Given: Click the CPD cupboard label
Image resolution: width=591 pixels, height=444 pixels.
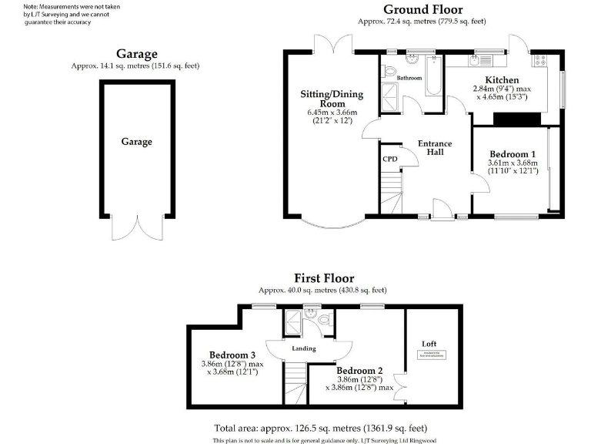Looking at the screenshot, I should (x=390, y=159).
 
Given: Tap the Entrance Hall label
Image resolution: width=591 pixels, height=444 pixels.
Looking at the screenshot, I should (x=435, y=148).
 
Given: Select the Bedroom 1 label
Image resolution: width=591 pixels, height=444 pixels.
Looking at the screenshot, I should (x=512, y=153).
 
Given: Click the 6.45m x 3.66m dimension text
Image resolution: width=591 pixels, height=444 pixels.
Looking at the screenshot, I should (x=332, y=113).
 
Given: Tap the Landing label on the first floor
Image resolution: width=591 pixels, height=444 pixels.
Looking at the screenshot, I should (x=304, y=348).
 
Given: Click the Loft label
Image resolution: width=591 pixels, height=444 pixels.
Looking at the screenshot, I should (x=429, y=344).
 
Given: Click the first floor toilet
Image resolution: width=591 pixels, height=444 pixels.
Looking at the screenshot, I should (x=323, y=318).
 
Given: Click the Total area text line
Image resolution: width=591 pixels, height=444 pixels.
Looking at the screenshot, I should (x=320, y=428).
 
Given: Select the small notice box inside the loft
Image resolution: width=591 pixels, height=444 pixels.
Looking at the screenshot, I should (x=432, y=355).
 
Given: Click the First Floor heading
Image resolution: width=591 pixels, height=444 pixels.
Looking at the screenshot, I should (x=323, y=278).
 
